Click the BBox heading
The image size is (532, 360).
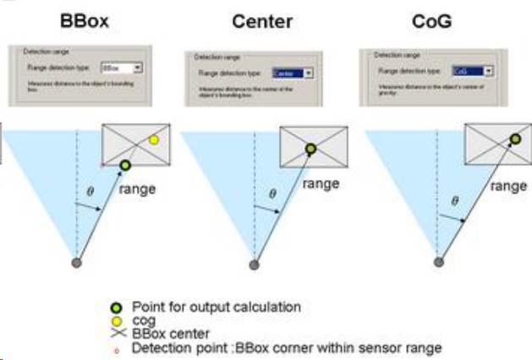(x=85, y=19)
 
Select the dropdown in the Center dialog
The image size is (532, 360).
(x=293, y=74)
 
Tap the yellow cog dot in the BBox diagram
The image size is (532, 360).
(x=153, y=139)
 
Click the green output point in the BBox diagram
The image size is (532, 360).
(x=125, y=165)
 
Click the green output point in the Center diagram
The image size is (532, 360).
(x=311, y=150)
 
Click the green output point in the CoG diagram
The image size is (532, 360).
(x=514, y=139)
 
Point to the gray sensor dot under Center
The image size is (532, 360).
(x=254, y=265)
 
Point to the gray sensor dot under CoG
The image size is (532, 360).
(x=438, y=262)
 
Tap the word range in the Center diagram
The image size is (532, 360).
(x=321, y=182)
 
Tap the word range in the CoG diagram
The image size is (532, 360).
(x=507, y=186)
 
